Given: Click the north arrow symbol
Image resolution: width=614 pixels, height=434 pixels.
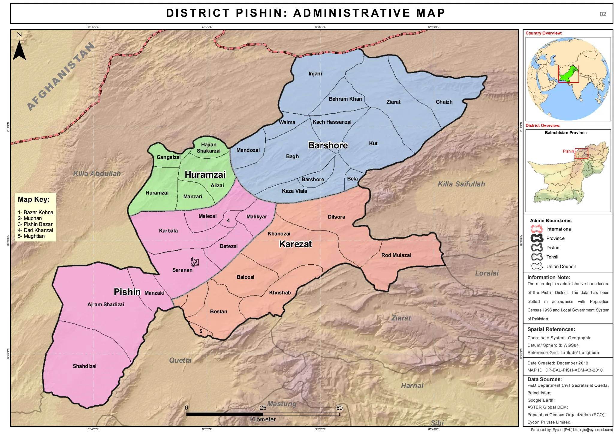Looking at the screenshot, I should tap(19, 50).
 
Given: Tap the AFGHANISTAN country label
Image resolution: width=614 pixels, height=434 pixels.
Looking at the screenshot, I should tap(61, 77).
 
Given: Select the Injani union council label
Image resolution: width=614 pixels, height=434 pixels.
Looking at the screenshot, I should tap(315, 74).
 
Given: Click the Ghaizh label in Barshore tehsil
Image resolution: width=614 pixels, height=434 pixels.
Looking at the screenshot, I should tap(444, 102).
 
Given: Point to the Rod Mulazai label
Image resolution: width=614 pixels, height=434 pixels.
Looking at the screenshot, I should tap(396, 255).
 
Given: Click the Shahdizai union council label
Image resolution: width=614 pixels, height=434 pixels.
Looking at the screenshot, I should tap(85, 366).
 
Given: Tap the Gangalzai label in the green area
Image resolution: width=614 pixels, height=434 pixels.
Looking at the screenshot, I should tap(168, 157).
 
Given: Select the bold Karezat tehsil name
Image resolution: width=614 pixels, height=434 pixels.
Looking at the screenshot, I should tap(295, 244).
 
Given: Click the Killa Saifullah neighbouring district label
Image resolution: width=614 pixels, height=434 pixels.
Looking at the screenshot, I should tap(461, 184).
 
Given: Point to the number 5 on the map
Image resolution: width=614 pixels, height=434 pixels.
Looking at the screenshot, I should tap(201, 331).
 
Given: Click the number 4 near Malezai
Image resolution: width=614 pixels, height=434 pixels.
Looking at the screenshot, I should tap(228, 221).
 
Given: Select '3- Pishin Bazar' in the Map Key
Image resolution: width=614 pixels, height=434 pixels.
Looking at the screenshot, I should tap(35, 224).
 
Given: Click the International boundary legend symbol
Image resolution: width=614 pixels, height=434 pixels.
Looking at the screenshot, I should tap(537, 229).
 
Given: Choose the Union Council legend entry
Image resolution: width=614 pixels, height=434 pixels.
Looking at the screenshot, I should tap(561, 266).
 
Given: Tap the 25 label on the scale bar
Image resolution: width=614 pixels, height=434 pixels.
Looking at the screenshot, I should tap(263, 408).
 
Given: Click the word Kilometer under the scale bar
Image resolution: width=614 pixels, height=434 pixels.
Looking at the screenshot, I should tap(263, 419).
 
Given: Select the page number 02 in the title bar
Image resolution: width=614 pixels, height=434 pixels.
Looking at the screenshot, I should tap(603, 14).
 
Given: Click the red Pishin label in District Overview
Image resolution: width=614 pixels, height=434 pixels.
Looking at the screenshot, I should tap(568, 151).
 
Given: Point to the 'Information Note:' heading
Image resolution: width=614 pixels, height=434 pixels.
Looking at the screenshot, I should tap(549, 278).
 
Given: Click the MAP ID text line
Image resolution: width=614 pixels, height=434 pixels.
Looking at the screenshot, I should tap(565, 370).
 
